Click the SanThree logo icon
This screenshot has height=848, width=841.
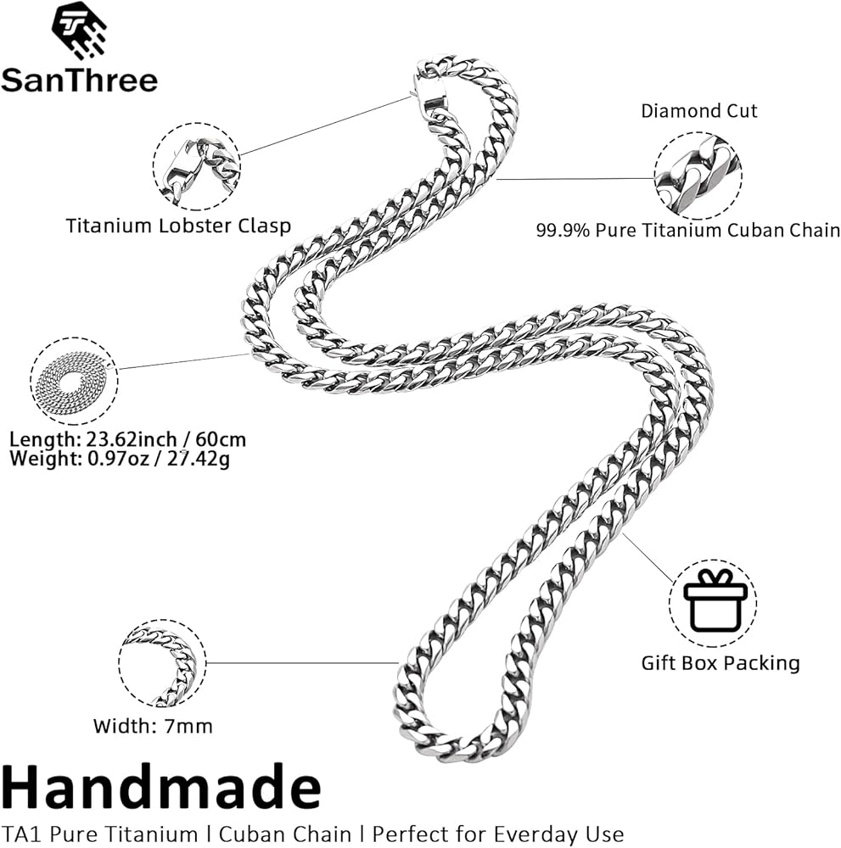[79, 31]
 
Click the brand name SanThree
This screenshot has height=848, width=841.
[80, 80]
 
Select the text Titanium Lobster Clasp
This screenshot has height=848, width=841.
[178, 226]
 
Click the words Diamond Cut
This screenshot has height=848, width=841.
[699, 111]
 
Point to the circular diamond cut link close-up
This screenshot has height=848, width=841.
[698, 176]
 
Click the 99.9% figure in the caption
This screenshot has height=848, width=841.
[563, 231]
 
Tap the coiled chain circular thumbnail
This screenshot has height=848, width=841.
[74, 381]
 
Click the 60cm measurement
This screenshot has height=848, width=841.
[221, 439]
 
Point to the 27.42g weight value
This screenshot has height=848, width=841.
[198, 460]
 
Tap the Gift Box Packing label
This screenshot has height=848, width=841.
[720, 663]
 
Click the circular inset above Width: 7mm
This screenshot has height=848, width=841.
[162, 663]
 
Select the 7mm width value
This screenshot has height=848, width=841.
[188, 727]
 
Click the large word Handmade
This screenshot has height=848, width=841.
[161, 788]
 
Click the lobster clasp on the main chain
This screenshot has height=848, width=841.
[428, 92]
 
